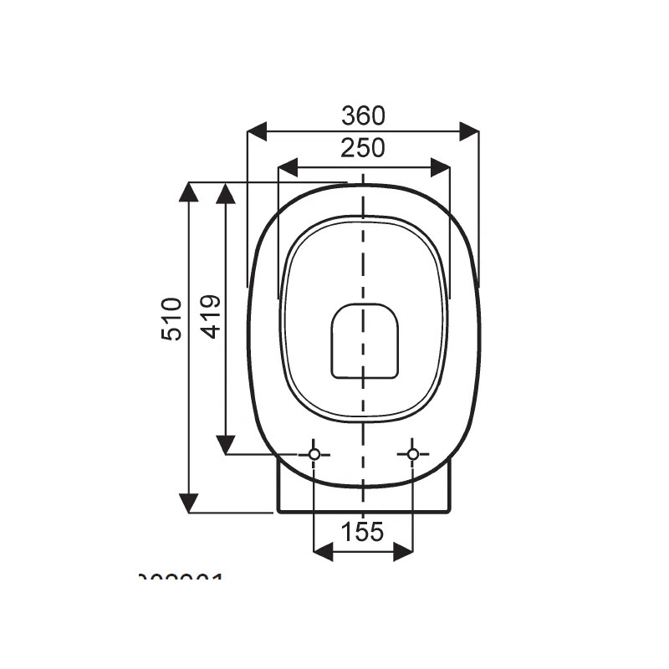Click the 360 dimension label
[363, 115]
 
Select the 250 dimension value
[363, 148]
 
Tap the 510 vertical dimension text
[171, 318]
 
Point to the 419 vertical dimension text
[212, 316]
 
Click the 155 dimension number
[363, 531]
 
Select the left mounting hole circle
[314, 454]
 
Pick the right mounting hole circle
[412, 454]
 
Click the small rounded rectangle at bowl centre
[365, 340]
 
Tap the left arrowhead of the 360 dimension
[257, 130]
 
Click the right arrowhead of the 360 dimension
[469, 130]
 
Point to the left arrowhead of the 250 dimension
[287, 168]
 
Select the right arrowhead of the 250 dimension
[441, 168]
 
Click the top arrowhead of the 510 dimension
[189, 192]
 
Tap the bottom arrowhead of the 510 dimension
[189, 503]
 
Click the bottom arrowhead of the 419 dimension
[225, 444]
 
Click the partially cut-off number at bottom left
[181, 578]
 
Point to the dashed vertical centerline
[363, 251]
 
